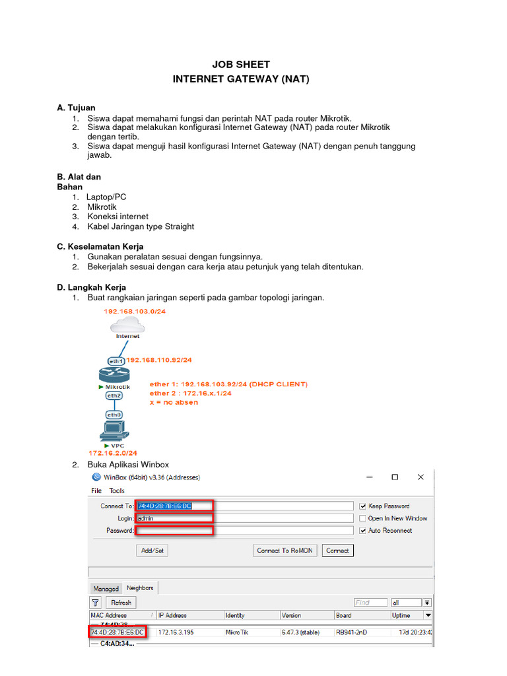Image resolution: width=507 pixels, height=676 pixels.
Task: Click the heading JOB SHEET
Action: coord(240,65)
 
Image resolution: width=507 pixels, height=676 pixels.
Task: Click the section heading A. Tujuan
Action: coord(76,108)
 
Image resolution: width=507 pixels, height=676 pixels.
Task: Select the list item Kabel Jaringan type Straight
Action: coord(141,226)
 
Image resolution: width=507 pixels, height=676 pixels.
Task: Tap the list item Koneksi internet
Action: coord(118,217)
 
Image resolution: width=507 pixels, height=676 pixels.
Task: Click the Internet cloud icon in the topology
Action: coord(127,323)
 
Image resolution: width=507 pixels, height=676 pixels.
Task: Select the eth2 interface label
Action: coord(114,395)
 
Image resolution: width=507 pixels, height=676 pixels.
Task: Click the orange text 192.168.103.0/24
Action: coord(135,310)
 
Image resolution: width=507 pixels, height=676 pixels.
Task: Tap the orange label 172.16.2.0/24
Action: coord(113,454)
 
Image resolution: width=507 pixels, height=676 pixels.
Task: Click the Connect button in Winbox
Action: coord(337,551)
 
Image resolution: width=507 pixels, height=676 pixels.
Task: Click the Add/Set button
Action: coord(152,551)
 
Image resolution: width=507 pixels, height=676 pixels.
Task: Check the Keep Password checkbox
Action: coord(362,506)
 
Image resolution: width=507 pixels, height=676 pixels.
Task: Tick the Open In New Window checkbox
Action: coord(362,518)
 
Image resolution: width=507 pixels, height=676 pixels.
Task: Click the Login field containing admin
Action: coord(244,518)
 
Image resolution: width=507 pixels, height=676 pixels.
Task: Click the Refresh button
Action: coord(121,603)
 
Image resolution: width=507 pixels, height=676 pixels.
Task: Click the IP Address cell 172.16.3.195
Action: coord(176,632)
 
